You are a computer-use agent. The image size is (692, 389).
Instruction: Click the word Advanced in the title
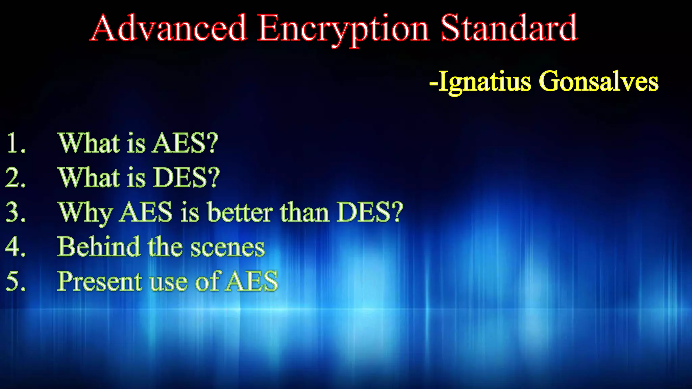coord(169,28)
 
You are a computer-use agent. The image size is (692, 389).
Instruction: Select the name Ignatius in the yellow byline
coord(485,82)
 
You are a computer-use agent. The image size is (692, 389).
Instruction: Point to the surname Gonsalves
coord(598,82)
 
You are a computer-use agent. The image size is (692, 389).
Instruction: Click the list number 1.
coord(16,143)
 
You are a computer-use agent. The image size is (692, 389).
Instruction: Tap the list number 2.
coord(16,178)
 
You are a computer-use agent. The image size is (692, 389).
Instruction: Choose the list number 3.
coord(16,213)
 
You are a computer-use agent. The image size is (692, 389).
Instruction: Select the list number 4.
coord(16,247)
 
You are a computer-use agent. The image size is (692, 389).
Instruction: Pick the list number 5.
coord(16,282)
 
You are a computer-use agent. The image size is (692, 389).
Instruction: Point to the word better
coord(240,213)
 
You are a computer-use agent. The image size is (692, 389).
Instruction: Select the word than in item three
coord(304,213)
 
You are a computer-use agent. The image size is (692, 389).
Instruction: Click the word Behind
coord(98,247)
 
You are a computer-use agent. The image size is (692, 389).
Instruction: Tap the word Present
coord(100,282)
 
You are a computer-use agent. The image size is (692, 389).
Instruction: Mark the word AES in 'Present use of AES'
coord(252,282)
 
